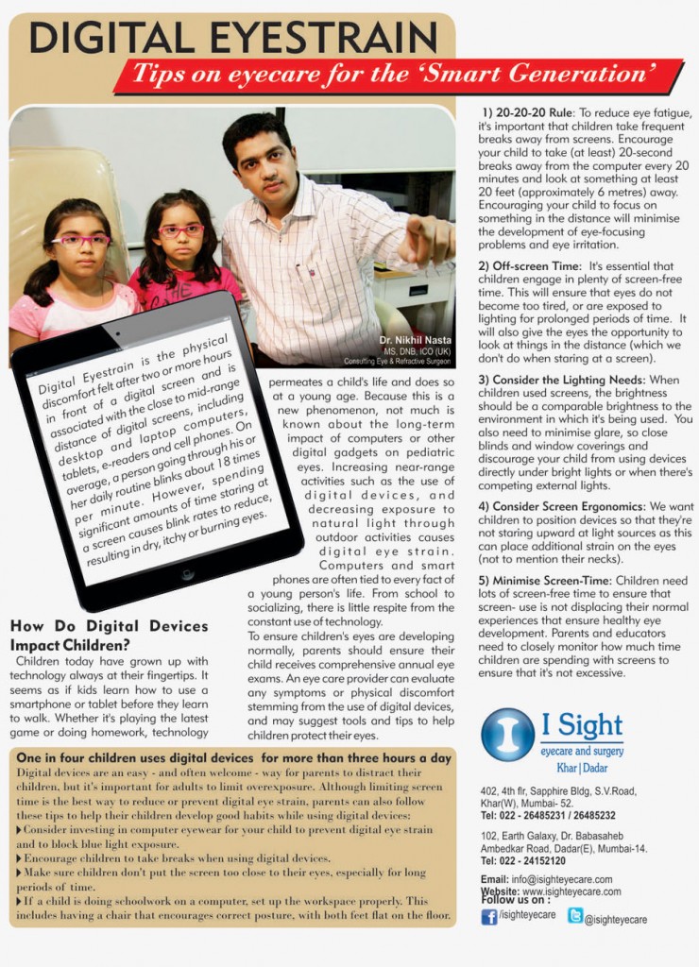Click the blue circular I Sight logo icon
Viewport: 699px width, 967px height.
tap(507, 735)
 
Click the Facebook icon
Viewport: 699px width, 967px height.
tap(488, 916)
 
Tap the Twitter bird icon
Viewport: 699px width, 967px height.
tap(574, 915)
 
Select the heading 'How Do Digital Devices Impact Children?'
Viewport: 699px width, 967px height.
tap(108, 636)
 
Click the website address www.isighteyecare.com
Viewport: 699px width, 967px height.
tap(571, 891)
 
